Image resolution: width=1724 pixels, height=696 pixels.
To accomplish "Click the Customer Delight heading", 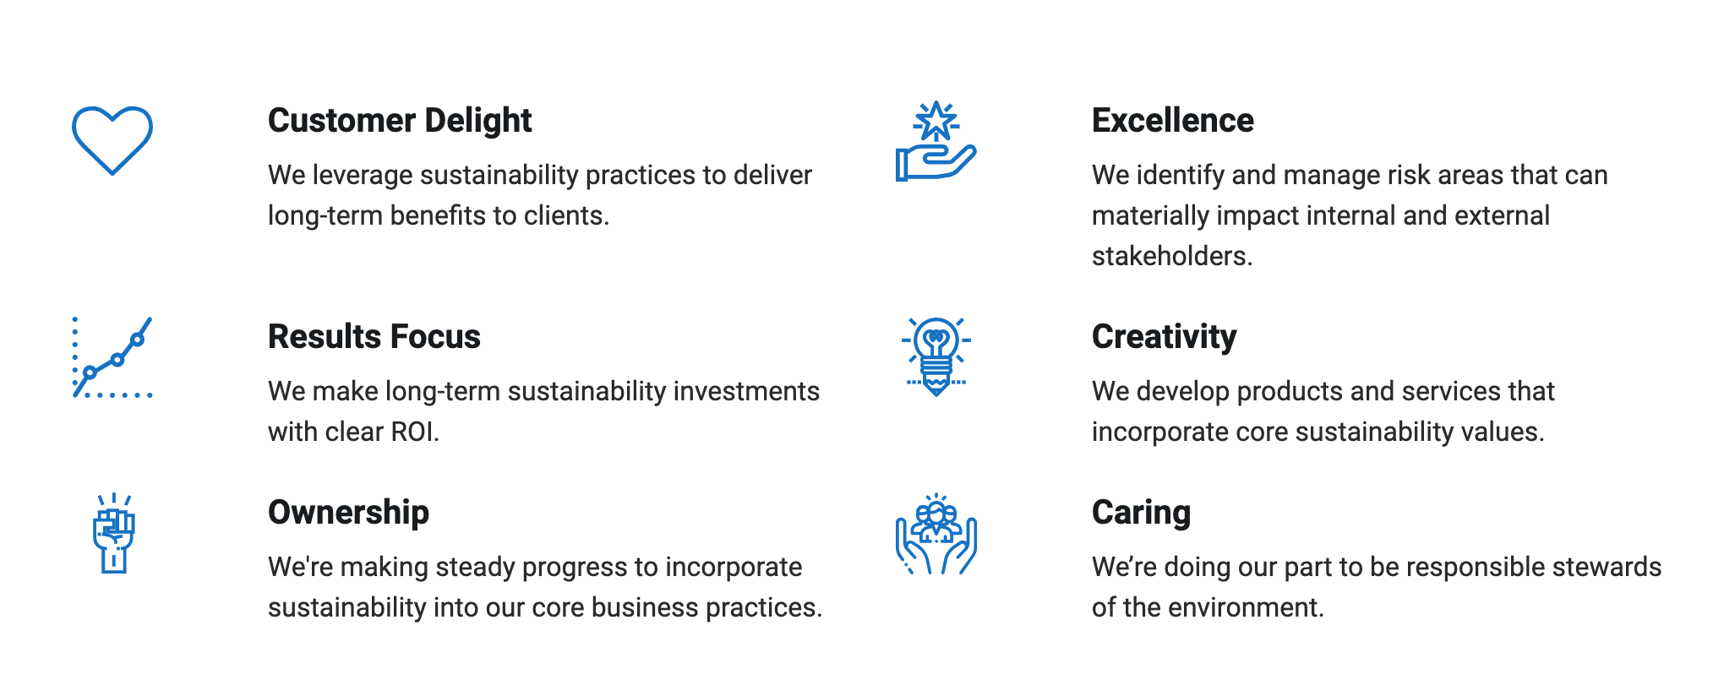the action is click(400, 121).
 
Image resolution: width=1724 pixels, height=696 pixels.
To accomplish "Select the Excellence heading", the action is click(1173, 121).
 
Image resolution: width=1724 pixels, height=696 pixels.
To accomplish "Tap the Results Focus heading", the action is click(374, 337).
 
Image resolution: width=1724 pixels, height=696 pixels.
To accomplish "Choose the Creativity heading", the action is click(1165, 337).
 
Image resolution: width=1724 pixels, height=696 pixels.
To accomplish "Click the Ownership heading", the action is click(349, 513).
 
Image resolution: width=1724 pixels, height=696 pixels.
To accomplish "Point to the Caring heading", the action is click(1142, 513).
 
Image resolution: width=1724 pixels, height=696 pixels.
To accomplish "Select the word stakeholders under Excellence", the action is click(1169, 256).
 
